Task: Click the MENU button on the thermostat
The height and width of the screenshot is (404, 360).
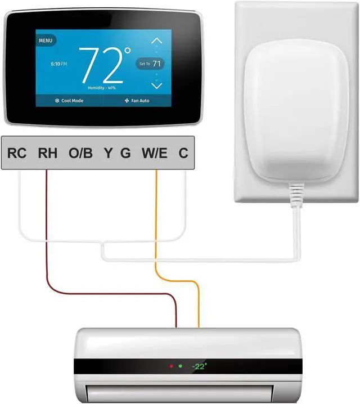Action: [45, 41]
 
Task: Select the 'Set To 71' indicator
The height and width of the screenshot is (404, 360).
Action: [150, 64]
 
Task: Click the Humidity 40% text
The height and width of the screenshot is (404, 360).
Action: [102, 88]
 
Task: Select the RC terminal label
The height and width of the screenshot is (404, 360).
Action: [17, 153]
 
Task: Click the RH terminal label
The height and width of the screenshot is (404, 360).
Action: [47, 153]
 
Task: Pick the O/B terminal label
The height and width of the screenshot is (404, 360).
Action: [80, 153]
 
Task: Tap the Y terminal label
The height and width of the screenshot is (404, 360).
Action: [107, 153]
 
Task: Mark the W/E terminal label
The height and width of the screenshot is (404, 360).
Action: [154, 153]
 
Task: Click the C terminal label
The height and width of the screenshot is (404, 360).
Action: [183, 153]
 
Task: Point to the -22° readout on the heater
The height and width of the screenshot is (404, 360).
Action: [199, 366]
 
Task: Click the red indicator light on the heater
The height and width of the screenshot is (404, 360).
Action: [171, 366]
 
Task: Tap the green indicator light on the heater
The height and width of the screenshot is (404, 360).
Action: [180, 366]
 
